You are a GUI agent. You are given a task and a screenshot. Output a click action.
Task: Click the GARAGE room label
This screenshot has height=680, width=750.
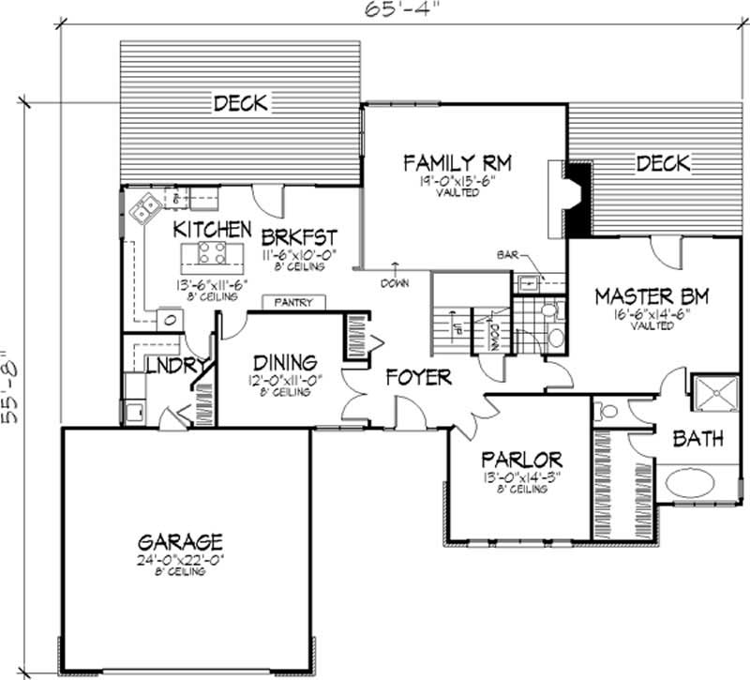180,541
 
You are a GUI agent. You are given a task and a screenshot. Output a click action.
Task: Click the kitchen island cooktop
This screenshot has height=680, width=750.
212,251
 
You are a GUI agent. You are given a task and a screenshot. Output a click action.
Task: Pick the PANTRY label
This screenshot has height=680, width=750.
286,303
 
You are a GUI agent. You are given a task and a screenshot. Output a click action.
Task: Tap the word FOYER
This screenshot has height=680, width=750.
419,378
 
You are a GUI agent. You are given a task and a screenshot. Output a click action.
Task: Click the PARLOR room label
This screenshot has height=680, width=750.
521,460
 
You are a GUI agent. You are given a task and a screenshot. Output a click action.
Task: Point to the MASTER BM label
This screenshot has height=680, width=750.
653,298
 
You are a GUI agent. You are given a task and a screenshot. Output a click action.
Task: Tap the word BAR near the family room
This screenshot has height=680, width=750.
509,254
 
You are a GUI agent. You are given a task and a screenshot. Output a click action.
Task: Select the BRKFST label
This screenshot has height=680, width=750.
299,234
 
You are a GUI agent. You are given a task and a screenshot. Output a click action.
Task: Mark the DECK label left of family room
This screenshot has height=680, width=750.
241,102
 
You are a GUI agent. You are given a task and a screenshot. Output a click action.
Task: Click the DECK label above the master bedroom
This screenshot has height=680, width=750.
663,164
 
